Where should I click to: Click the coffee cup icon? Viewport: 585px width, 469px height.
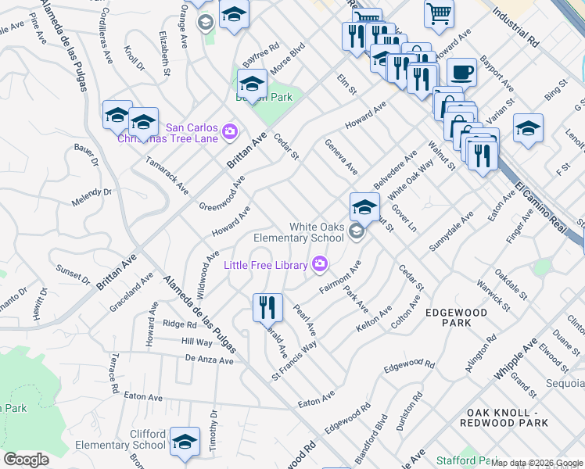(461, 72)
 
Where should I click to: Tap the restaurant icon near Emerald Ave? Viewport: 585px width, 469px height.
(267, 307)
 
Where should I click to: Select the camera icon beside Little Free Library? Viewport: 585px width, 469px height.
(319, 264)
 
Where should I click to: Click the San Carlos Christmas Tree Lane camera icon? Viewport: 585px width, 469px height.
(230, 131)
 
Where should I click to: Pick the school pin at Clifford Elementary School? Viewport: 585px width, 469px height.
(185, 442)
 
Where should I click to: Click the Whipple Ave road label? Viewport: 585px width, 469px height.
(515, 359)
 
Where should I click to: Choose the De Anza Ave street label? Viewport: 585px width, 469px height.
(210, 360)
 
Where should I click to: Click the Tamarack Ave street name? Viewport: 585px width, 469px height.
(167, 175)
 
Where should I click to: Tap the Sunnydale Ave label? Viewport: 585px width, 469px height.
(451, 232)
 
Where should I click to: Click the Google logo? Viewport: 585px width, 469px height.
(27, 460)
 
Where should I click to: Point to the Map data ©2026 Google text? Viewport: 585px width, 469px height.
(537, 464)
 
